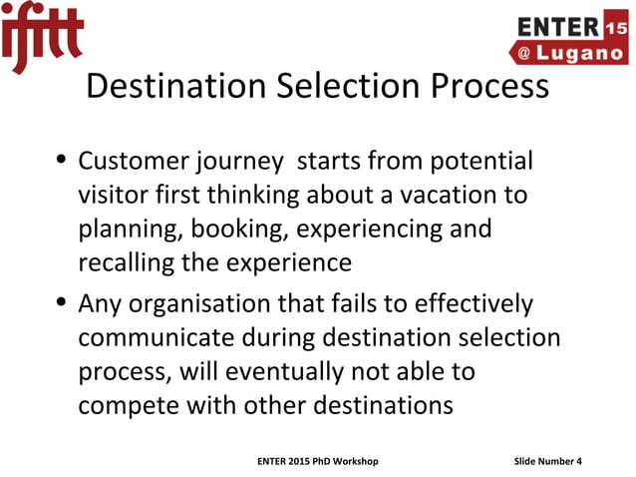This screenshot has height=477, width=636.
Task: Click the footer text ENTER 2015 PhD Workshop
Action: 317,460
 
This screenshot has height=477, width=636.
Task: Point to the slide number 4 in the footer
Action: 579,460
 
